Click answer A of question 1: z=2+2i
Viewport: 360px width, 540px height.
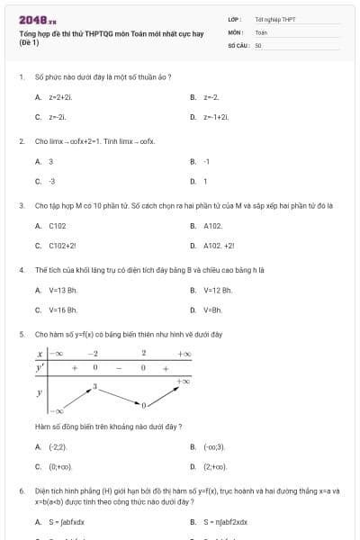[x=59, y=96]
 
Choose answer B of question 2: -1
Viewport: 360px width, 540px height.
[x=206, y=162]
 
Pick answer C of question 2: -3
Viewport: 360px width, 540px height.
[x=51, y=182]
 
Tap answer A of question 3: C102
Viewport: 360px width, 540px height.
[x=58, y=226]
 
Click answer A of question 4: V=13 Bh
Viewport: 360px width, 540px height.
[x=63, y=290]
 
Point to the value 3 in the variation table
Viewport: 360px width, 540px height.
[x=94, y=387]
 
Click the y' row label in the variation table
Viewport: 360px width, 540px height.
[x=40, y=368]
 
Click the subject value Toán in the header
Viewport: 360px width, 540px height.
[x=261, y=31]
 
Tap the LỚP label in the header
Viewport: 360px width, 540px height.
[x=234, y=19]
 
